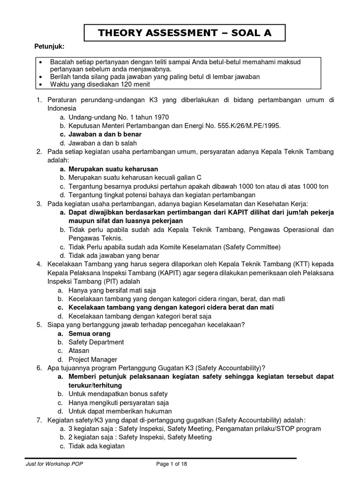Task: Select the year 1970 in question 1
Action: pos(159,117)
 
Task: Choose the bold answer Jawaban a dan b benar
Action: pos(105,134)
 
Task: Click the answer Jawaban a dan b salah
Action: pos(103,142)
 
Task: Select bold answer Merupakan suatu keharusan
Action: pos(113,169)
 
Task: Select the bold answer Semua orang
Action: pos(89,334)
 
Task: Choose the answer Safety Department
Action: pos(96,342)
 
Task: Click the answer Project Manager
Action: pos(93,360)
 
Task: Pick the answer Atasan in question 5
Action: pos(79,351)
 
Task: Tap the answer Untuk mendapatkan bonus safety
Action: pos(118,394)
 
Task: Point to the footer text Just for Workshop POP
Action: pos(55,464)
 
